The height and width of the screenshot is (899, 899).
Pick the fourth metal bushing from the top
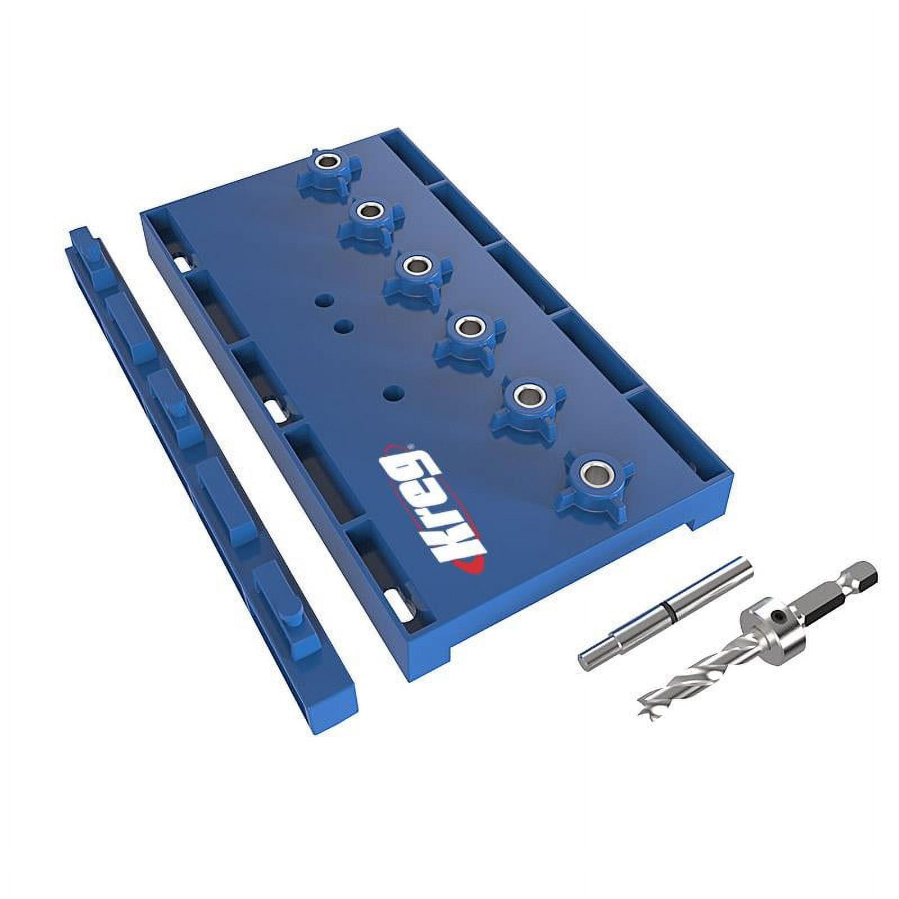(x=466, y=325)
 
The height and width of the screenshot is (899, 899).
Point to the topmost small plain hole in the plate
(x=322, y=301)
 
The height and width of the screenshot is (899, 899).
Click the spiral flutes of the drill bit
(x=697, y=674)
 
